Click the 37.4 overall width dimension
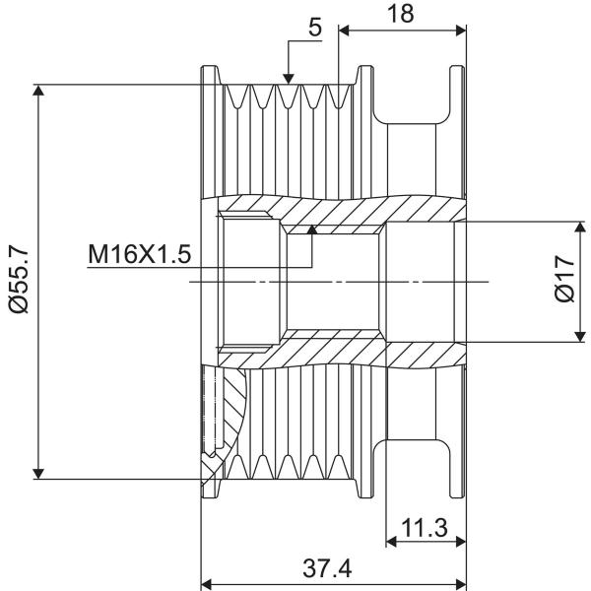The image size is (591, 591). point(327,568)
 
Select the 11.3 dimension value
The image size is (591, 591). point(425,527)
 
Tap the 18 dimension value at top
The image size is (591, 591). point(400,14)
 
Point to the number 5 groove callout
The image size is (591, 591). point(315,28)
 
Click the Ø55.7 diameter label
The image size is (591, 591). point(20,279)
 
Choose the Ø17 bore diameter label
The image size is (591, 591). point(564,279)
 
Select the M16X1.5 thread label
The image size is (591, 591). point(140,254)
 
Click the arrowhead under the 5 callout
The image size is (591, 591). point(289,79)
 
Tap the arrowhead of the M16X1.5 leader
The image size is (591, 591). point(312,230)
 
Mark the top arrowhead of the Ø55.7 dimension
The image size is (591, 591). point(38,91)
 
